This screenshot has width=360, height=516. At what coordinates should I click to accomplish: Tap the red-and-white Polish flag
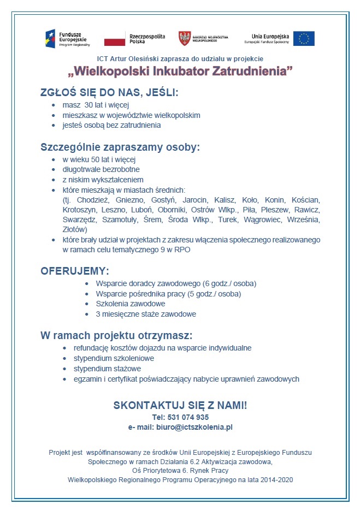pos(115,38)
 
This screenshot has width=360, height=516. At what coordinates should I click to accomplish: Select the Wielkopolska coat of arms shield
pos(185,38)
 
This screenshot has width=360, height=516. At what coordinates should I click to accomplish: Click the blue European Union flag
pos(303,38)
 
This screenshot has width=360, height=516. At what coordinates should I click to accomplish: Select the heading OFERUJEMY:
pos(75,271)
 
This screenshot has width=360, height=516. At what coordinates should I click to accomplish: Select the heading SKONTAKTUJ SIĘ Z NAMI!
pos(180,405)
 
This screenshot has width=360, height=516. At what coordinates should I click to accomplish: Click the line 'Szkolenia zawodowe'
pos(131,304)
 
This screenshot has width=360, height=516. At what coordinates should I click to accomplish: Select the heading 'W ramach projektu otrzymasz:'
pos(116,335)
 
